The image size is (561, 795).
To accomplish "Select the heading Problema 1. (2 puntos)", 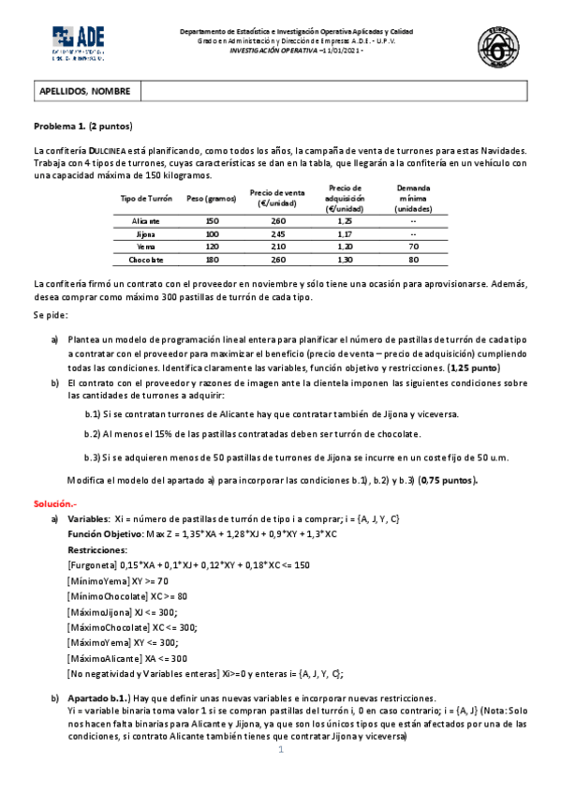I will pos(83,126).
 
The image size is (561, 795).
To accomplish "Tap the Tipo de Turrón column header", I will pos(147,199).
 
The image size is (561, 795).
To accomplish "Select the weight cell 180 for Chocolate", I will pos(212,259).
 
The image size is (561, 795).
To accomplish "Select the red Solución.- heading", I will pos(58,503).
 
